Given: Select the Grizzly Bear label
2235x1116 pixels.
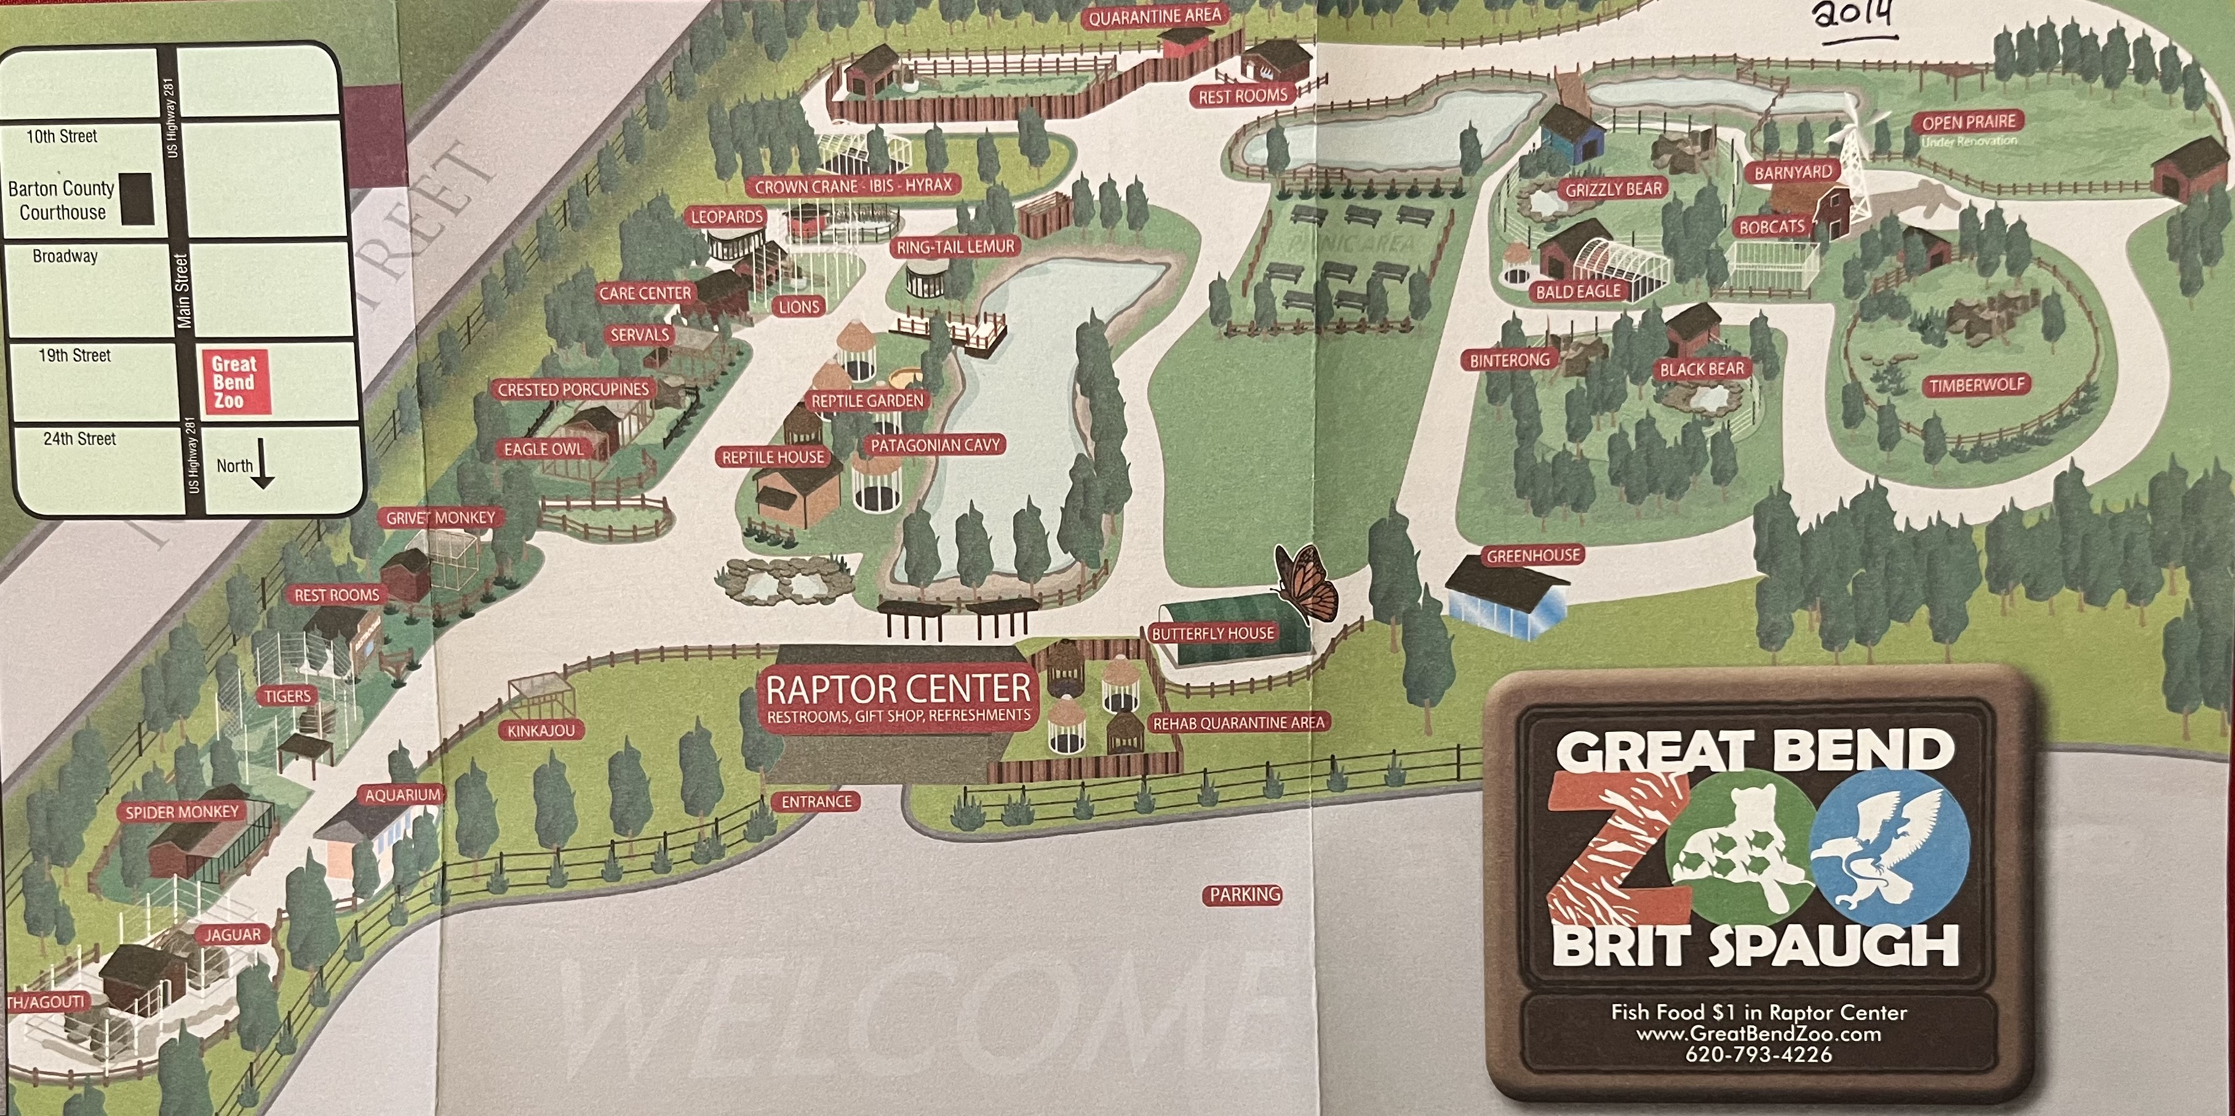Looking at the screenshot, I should [x=1613, y=189].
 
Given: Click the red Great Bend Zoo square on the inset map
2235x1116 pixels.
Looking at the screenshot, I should [x=234, y=382].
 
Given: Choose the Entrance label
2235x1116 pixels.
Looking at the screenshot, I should [x=816, y=802].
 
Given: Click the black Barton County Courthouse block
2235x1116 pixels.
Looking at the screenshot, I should [x=135, y=199].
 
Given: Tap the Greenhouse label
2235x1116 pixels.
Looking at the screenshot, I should [x=1534, y=555].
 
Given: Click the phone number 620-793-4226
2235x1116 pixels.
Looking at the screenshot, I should [x=1759, y=1054].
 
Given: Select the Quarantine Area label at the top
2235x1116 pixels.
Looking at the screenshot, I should [x=1154, y=15].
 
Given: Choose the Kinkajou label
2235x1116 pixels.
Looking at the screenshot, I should [x=541, y=731].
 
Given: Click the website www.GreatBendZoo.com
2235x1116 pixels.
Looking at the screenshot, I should [x=1759, y=1034].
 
